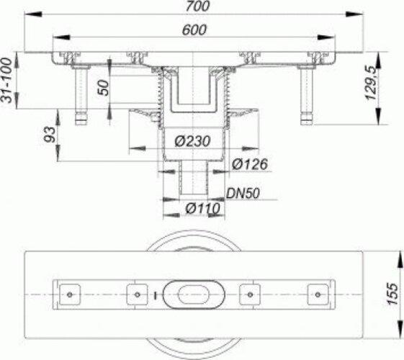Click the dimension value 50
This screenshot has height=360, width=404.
pos(102,89)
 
